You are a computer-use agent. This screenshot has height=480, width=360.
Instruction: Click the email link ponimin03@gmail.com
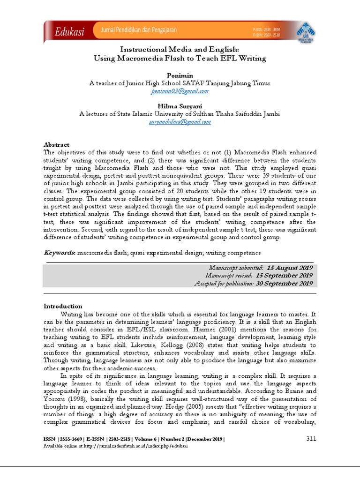coord(180,91)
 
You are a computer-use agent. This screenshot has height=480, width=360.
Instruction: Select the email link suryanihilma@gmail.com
coord(180,121)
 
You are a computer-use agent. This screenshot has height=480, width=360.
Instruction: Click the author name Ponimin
coord(180,75)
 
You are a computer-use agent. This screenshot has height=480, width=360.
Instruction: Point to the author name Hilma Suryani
coord(180,106)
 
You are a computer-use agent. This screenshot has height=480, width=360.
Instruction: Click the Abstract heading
coord(56,145)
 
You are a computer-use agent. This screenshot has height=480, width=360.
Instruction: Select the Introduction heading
coord(63,306)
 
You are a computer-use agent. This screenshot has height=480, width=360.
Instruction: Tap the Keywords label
coord(60,253)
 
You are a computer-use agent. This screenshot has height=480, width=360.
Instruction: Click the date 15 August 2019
coord(287,267)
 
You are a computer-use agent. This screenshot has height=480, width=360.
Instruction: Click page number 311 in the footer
coord(311,438)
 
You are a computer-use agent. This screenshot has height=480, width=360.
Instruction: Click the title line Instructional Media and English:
coord(180,49)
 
